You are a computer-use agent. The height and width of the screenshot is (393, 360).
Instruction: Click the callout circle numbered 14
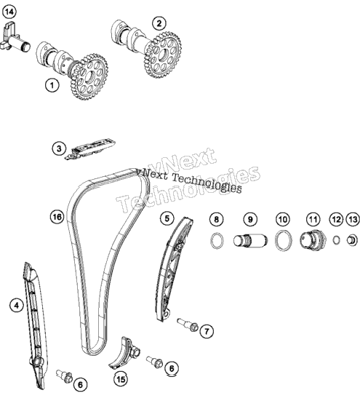[9, 12]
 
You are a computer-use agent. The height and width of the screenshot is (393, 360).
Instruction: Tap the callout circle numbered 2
[159, 23]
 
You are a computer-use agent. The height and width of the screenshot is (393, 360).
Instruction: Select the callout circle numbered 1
[52, 85]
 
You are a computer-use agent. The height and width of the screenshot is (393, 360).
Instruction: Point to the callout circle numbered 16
[57, 217]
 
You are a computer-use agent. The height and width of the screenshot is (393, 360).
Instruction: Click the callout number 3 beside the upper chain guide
[59, 148]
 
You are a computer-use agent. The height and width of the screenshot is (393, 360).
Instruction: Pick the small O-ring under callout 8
[217, 241]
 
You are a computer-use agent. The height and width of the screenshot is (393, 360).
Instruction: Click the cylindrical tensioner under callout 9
[250, 241]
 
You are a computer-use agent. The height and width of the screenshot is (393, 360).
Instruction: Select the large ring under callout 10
[284, 240]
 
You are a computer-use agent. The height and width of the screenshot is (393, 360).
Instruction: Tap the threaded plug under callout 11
[313, 239]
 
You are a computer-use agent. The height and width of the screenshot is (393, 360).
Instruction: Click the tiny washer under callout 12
[337, 240]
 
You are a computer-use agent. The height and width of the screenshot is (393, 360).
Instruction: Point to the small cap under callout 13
[352, 240]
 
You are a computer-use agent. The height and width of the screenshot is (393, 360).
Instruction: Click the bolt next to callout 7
[188, 325]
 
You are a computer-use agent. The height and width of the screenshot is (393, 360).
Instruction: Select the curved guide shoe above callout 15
[124, 353]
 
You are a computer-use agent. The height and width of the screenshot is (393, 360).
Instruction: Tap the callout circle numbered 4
[17, 306]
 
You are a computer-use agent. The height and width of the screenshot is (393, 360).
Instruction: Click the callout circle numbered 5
[167, 218]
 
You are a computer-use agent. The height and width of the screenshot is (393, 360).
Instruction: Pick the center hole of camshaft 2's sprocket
[164, 55]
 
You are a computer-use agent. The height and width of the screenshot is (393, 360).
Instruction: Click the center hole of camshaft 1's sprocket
[90, 77]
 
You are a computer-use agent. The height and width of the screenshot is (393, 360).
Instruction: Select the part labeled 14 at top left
[15, 38]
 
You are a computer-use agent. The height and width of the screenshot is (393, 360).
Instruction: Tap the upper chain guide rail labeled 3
[89, 149]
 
